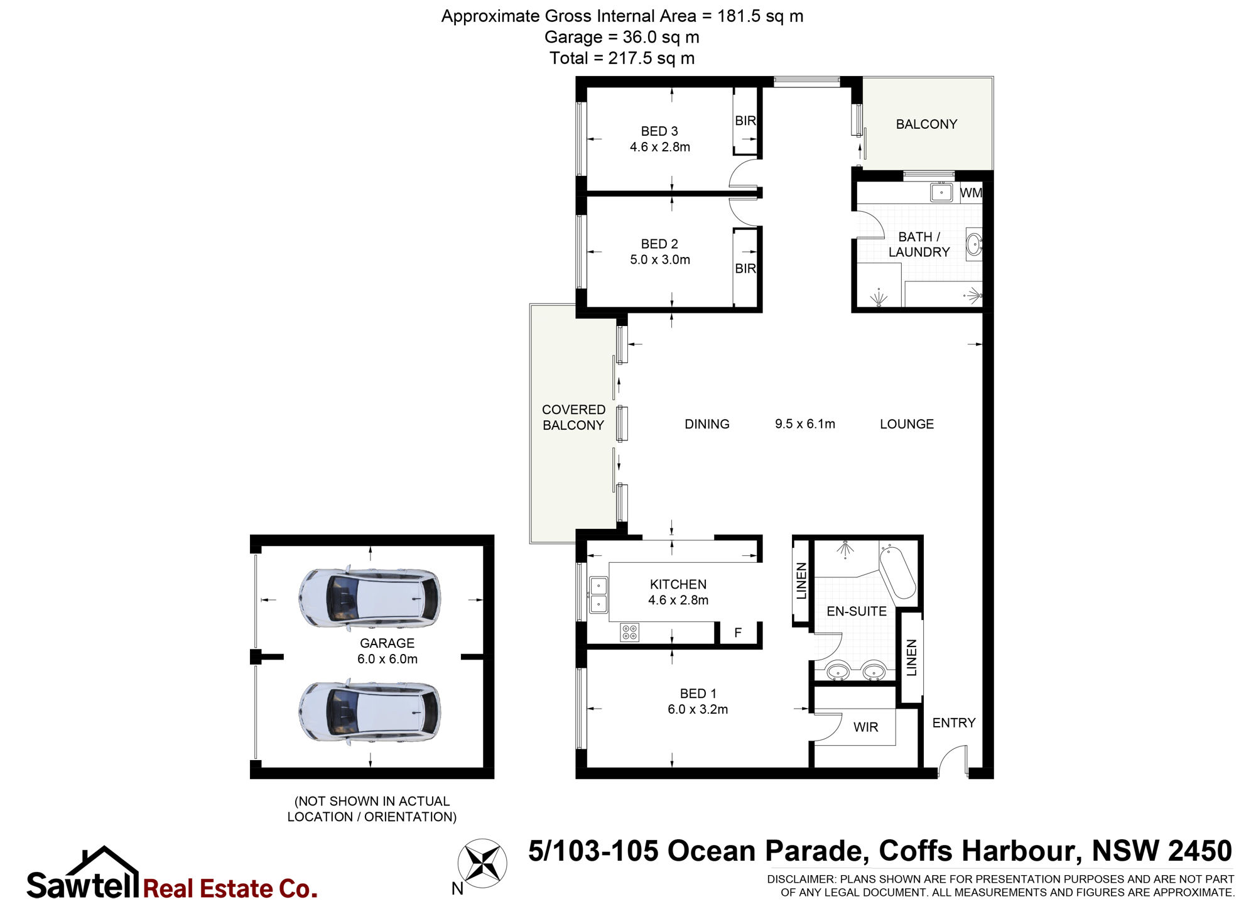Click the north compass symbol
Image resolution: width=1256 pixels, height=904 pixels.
point(482,862)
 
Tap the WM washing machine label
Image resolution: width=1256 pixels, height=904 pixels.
point(971,193)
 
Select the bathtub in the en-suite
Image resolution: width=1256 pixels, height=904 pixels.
point(897,572)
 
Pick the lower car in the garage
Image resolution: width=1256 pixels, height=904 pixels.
point(369,712)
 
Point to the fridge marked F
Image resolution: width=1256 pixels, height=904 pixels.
point(738,633)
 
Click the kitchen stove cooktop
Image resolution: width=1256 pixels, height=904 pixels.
point(629,632)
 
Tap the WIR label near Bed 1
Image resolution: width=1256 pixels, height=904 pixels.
point(865,727)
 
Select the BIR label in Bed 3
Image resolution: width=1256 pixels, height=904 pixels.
point(745,121)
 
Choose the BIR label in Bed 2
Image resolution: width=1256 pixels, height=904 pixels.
point(745,268)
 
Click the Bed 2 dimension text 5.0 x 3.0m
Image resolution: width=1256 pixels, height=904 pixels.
point(660,259)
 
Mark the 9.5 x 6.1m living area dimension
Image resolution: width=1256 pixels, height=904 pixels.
point(805,424)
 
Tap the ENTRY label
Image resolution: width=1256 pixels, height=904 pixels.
point(954,723)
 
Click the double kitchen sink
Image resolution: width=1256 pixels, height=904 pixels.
point(598,594)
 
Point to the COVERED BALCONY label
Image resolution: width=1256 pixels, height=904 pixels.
point(573,417)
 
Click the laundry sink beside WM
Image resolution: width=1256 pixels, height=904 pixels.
point(941,192)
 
